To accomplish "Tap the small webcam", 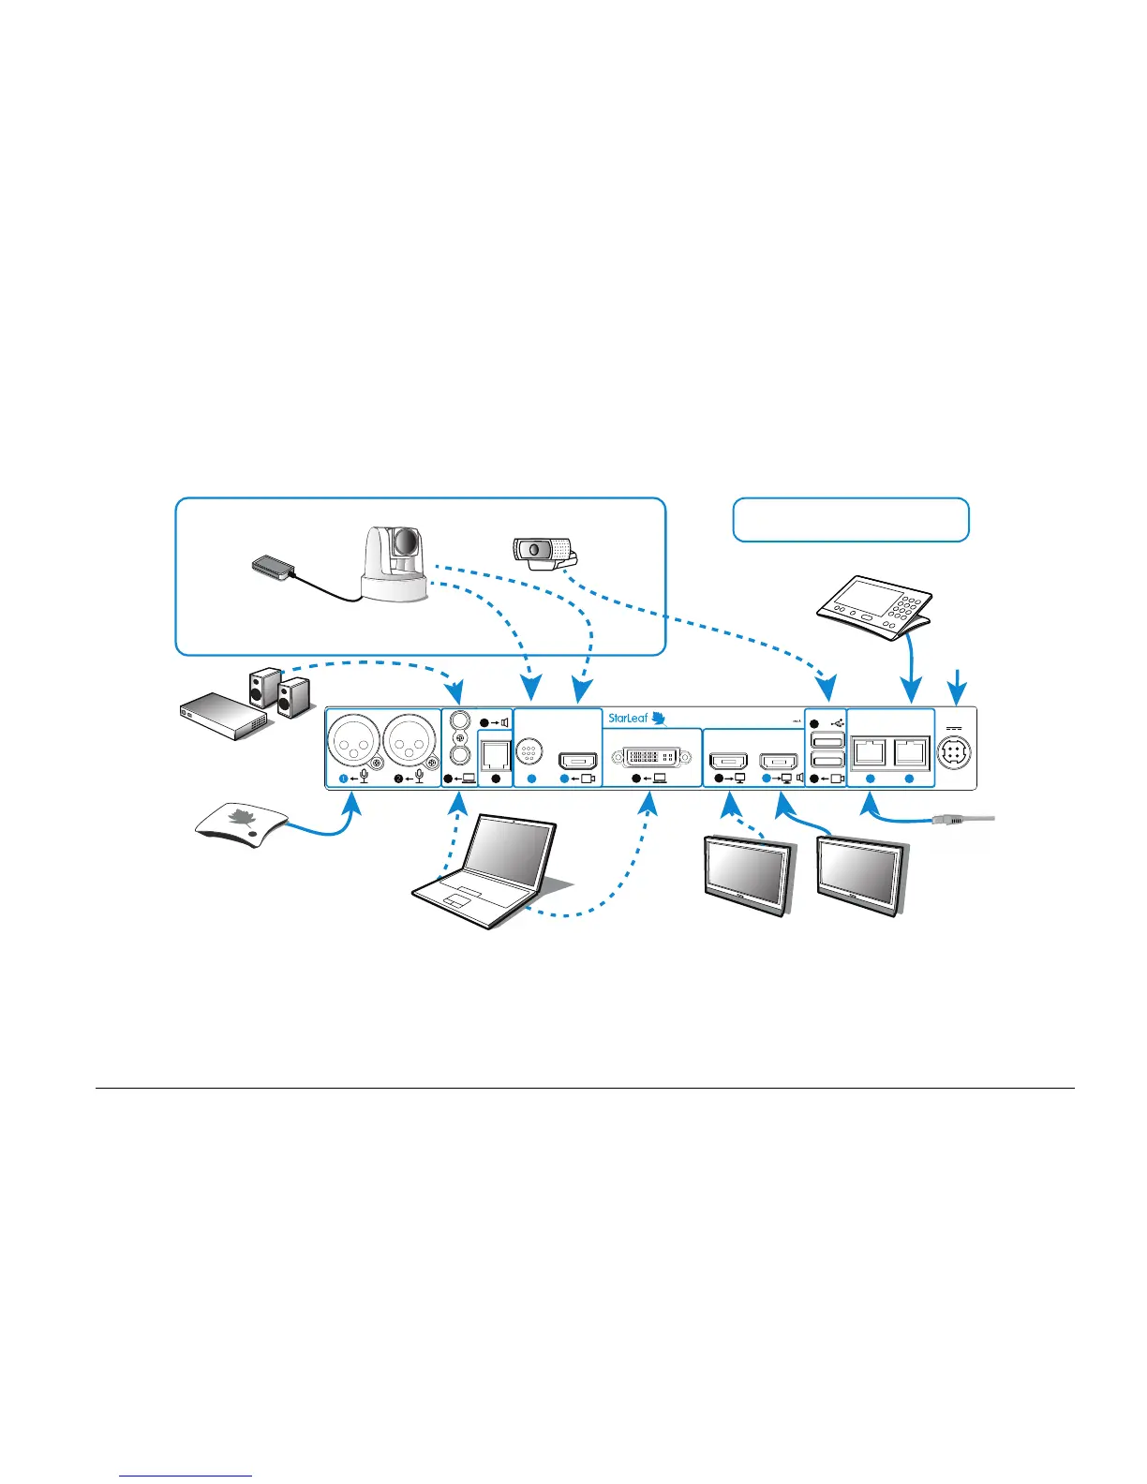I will (542, 552).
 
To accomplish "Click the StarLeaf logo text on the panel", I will (628, 719).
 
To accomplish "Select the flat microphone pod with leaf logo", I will (240, 825).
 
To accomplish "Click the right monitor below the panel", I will (860, 875).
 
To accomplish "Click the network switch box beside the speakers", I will (224, 716).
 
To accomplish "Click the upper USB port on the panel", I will (827, 741).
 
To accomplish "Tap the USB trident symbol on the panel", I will (838, 723).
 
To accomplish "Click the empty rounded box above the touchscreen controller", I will (850, 520).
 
